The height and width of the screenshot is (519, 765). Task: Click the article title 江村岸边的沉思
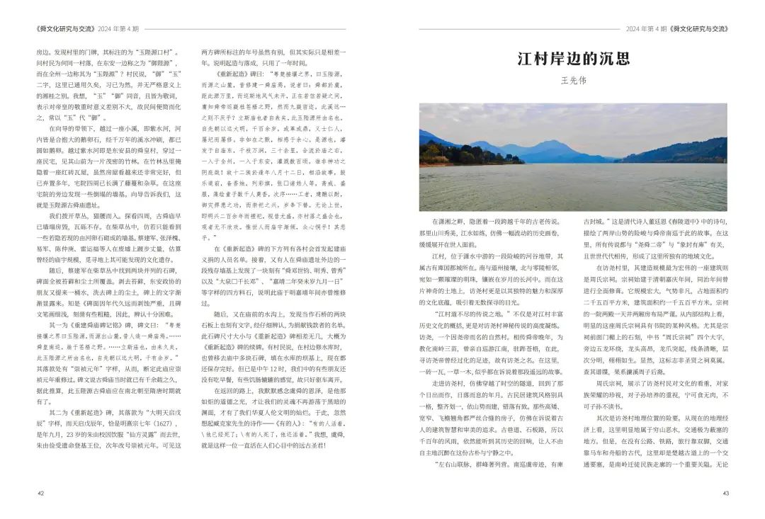point(573,58)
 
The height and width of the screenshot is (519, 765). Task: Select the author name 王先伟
point(573,81)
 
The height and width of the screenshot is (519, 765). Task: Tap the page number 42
point(40,494)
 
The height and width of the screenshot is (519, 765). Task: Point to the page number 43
point(725,494)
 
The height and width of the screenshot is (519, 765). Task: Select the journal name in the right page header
point(699,29)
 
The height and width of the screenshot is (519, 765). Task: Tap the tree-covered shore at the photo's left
point(446,154)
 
